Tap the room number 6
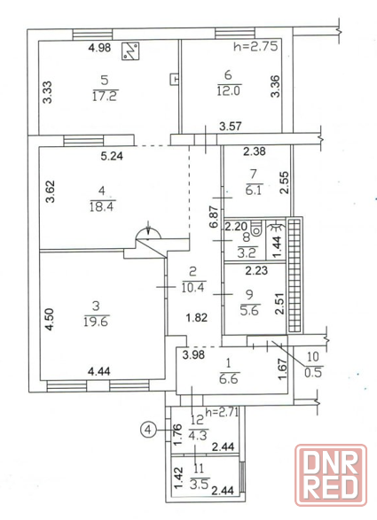tap(228, 75)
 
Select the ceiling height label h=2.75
tap(255, 46)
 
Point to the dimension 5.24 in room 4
tap(112, 156)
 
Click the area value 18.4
tap(102, 206)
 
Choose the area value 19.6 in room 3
tap(97, 321)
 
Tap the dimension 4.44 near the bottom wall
tap(99, 371)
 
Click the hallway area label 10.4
tap(193, 287)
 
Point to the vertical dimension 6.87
tap(214, 217)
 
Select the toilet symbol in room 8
tap(256, 229)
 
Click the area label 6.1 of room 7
tap(254, 190)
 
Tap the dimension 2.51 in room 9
tap(280, 303)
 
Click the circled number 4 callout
tap(148, 431)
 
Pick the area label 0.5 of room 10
tap(313, 372)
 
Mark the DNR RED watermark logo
tap(331, 475)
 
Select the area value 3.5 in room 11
tap(199, 485)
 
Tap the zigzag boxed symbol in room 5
tap(130, 51)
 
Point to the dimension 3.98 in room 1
tap(193, 355)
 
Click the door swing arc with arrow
tap(148, 232)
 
